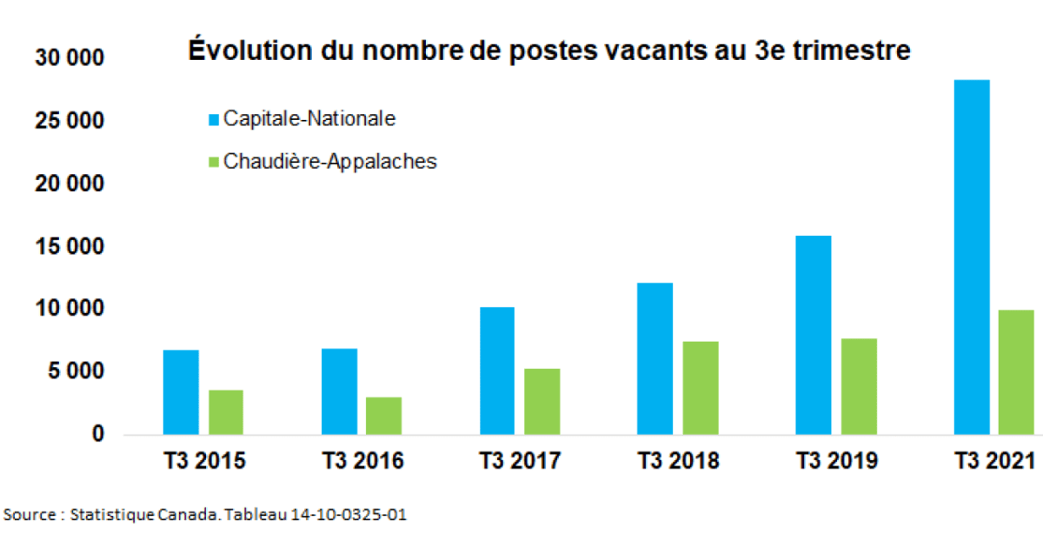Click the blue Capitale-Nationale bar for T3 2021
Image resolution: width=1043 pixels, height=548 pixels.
pyautogui.click(x=971, y=257)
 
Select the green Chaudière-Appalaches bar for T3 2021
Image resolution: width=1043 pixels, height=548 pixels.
pyautogui.click(x=1015, y=371)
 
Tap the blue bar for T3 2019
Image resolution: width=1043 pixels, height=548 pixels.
pyautogui.click(x=813, y=335)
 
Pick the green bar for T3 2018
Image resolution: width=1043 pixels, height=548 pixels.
pyautogui.click(x=700, y=388)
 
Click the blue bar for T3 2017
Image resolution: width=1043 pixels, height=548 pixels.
pyautogui.click(x=496, y=371)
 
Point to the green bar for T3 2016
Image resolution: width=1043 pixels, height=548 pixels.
pyautogui.click(x=383, y=416)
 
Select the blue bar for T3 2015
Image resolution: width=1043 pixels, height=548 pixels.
pyautogui.click(x=181, y=391)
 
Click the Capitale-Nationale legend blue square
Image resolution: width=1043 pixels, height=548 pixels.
pyautogui.click(x=214, y=119)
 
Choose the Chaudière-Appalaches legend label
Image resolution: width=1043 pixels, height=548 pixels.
pyautogui.click(x=329, y=162)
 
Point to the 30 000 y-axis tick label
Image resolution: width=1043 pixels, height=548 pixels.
pyautogui.click(x=70, y=58)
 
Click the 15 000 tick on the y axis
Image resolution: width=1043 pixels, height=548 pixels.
pyautogui.click(x=70, y=247)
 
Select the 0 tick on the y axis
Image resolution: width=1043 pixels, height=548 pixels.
pyautogui.click(x=98, y=434)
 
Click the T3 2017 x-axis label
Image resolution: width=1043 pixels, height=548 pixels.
pyautogui.click(x=520, y=461)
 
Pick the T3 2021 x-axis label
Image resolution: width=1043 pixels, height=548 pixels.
pyautogui.click(x=993, y=461)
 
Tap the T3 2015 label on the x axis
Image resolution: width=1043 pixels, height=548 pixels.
pyautogui.click(x=204, y=461)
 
